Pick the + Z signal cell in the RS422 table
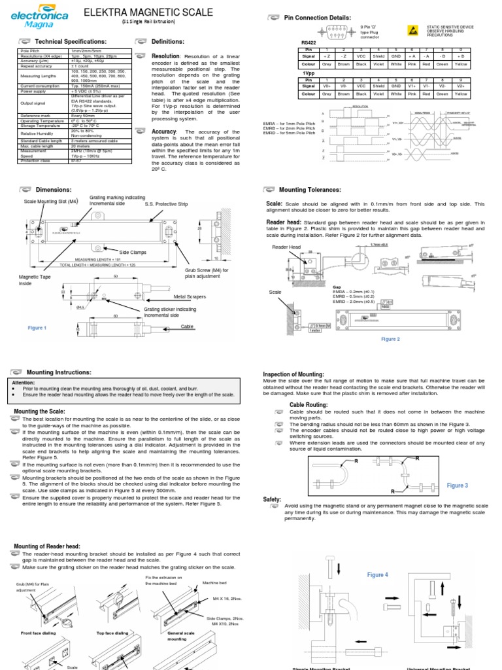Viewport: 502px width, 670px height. [326, 57]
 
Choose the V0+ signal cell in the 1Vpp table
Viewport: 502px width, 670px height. [326, 86]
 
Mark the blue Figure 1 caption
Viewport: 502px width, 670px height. [37, 328]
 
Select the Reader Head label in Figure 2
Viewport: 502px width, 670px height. [286, 247]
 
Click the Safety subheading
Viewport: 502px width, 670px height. [272, 499]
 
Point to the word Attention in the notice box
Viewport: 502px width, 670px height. [24, 383]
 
